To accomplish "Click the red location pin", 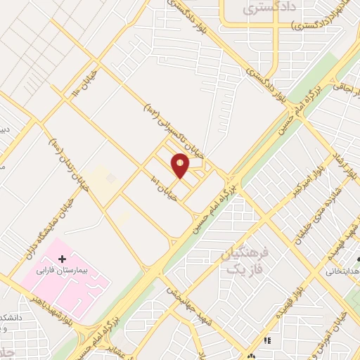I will pos(180,165).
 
